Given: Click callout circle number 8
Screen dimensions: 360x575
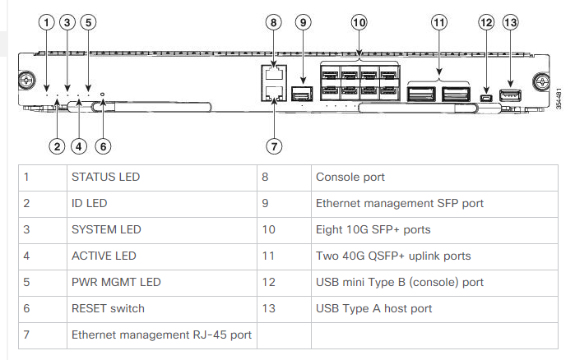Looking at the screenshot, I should coord(274,23).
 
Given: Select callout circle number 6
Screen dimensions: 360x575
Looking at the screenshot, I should coord(102,146).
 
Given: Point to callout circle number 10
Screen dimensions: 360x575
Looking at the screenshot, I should coord(359,23).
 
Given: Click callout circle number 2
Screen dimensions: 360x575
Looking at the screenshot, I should coord(56,146).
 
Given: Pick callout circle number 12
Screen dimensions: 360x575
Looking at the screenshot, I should coord(486,23).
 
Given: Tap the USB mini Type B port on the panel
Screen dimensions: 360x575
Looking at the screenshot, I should coord(486,99).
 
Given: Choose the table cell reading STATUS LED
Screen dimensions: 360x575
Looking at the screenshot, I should coord(105,177).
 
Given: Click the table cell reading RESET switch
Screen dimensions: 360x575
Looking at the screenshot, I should coord(108,308).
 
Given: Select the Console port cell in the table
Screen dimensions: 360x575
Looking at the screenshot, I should coord(350,177).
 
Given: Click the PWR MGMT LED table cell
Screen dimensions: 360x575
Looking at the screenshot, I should coord(116,282).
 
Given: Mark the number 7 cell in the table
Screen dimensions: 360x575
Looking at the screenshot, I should coord(27,335).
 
